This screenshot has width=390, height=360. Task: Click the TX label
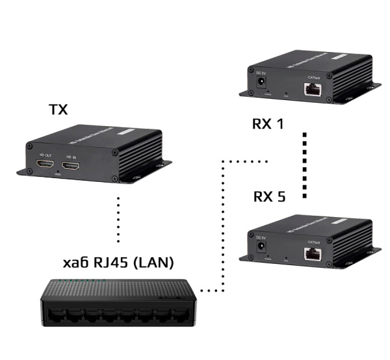click(58, 109)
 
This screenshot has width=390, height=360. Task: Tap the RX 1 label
click(268, 123)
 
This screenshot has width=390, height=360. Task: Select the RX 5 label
click(269, 197)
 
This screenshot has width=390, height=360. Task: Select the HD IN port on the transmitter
click(71, 167)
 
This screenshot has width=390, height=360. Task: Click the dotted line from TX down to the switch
click(118, 218)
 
